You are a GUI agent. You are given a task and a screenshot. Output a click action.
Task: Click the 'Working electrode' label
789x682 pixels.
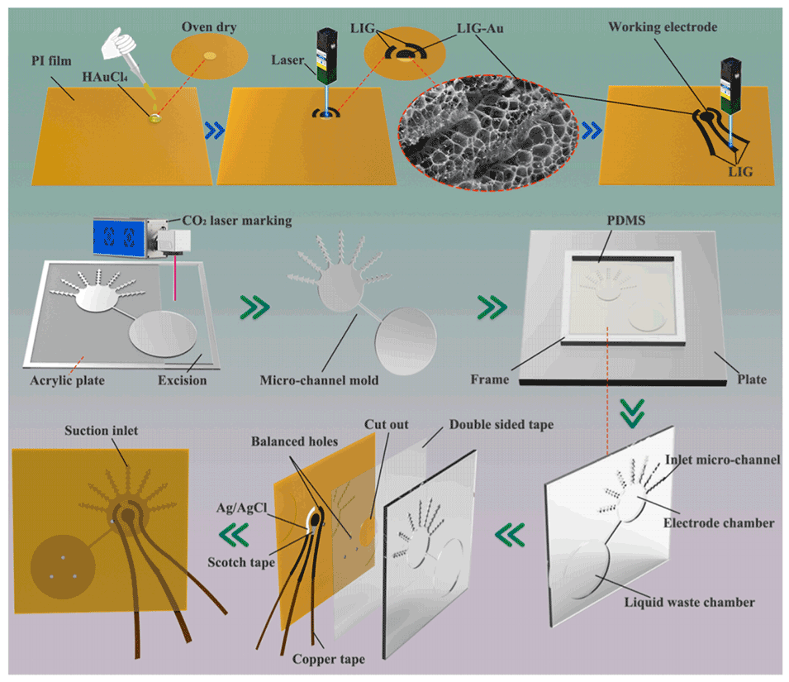click(x=663, y=27)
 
